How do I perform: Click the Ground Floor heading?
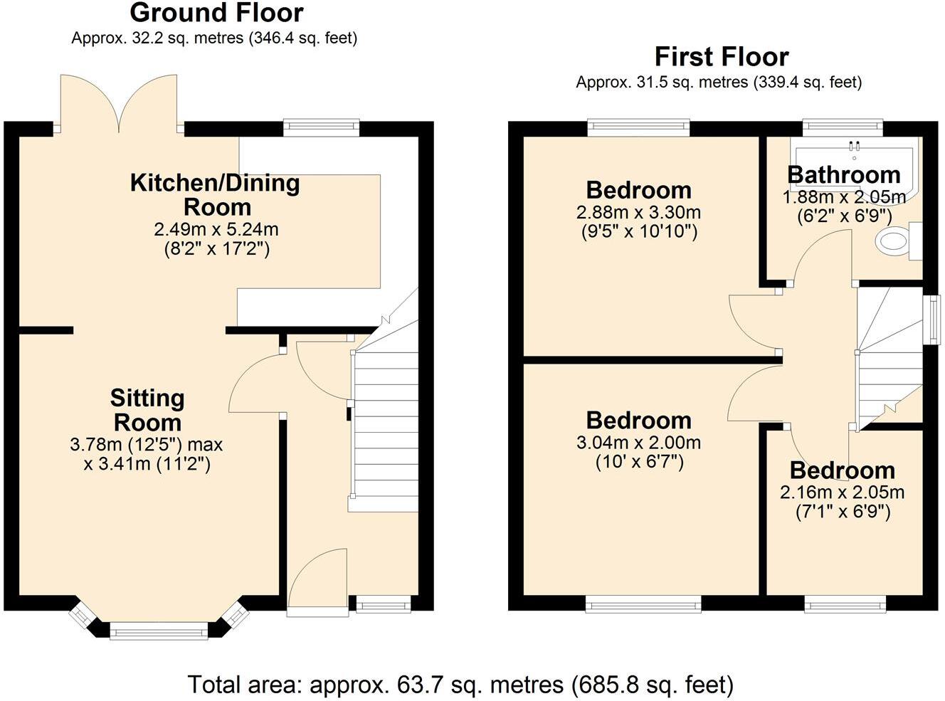coord(216,13)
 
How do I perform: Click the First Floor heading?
coord(722,57)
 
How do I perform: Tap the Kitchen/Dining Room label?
coord(216,195)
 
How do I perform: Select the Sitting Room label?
coord(147,410)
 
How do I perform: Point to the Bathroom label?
coord(844,174)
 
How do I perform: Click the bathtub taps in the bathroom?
coord(854,146)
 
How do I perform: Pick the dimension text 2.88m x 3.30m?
coord(638,213)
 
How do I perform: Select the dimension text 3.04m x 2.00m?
coord(638,443)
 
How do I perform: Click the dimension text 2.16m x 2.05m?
coord(842,492)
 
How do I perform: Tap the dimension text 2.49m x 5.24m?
coord(216,230)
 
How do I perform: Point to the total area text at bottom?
coord(460,685)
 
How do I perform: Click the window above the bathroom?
coord(843,127)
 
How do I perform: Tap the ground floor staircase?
coord(384,427)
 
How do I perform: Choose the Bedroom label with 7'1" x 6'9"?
coord(842,470)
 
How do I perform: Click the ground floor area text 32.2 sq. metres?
coord(213,38)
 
